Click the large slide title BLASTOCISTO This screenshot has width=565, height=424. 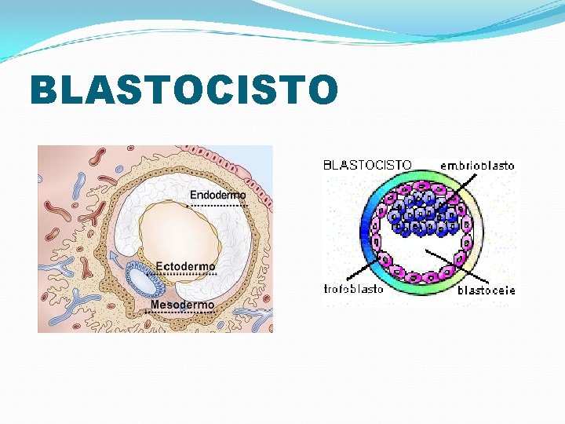(184, 90)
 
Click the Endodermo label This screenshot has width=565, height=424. (217, 195)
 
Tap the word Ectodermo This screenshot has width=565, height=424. (185, 267)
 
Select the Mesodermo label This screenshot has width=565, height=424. (182, 305)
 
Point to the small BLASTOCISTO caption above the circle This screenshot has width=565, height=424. (367, 165)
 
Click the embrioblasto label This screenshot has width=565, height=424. (477, 166)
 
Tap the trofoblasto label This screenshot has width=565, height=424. (354, 289)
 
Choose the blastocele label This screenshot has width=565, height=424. (487, 290)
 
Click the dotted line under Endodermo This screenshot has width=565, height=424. (217, 205)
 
